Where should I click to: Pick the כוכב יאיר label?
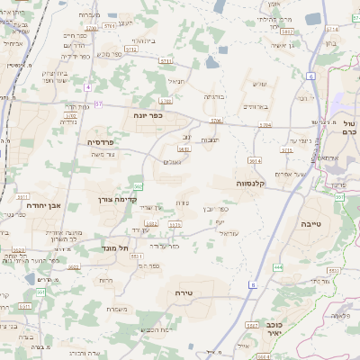pyautogui.click(x=275, y=327)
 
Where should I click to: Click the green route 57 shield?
pyautogui.click(x=99, y=103)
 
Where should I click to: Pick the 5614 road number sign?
pyautogui.click(x=255, y=159)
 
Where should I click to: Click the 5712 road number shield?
pyautogui.click(x=130, y=49)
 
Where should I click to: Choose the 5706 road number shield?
pyautogui.click(x=215, y=120)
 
